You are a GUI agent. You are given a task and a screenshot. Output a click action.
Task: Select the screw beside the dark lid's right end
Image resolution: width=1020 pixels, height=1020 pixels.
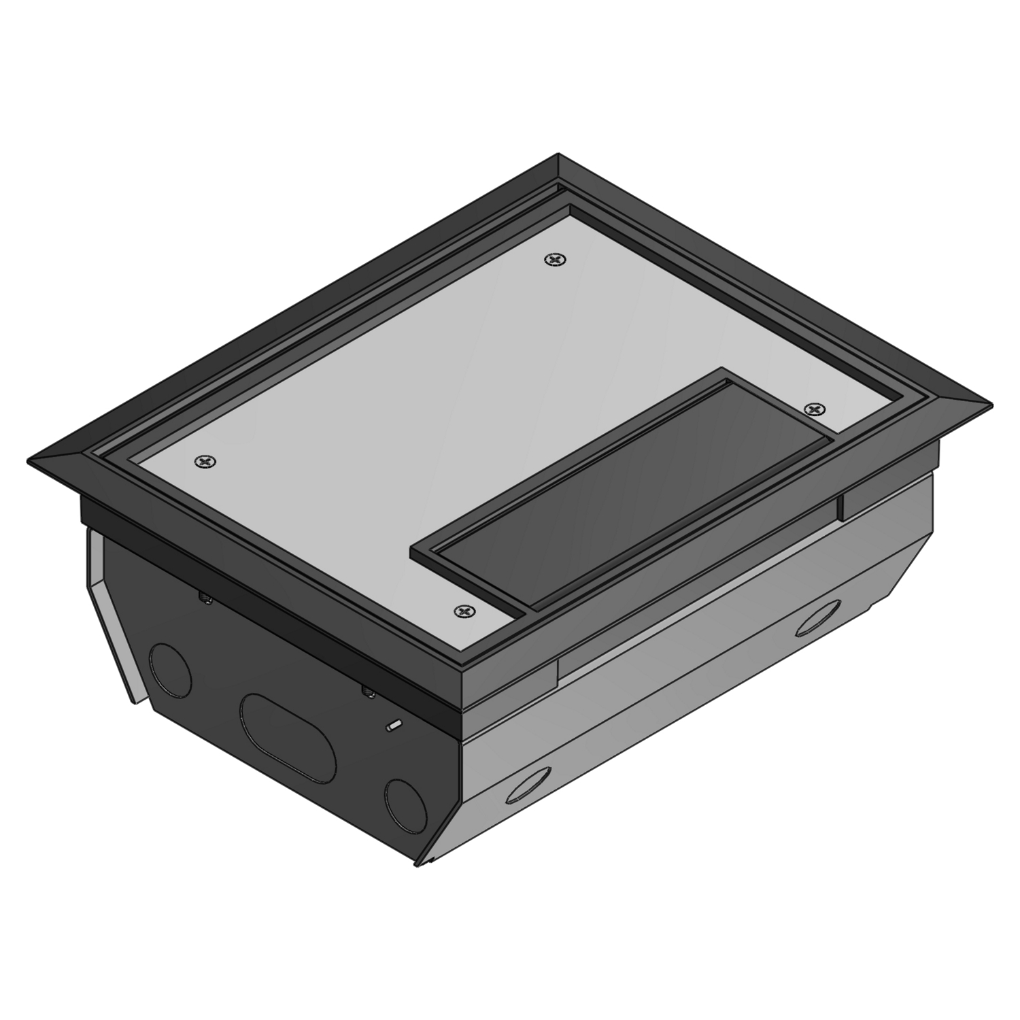(814, 407)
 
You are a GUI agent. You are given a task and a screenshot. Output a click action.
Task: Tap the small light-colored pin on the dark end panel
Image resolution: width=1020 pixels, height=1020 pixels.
(392, 726)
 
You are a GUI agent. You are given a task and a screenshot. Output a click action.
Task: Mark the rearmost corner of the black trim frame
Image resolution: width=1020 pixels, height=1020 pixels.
(558, 154)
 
